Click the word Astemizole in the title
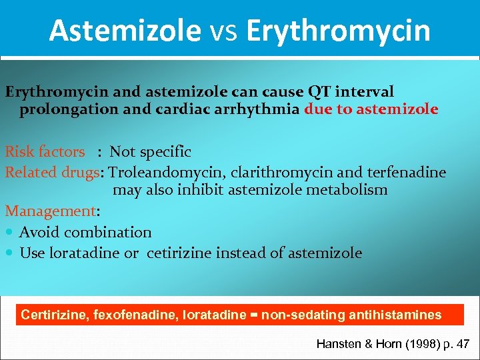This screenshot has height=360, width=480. tap(125, 31)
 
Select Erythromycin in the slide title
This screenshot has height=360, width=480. tap(338, 31)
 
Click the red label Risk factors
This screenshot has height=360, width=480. tap(45, 152)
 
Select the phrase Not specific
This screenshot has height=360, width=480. tap(150, 152)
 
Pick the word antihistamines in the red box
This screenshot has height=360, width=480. tap(401, 315)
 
